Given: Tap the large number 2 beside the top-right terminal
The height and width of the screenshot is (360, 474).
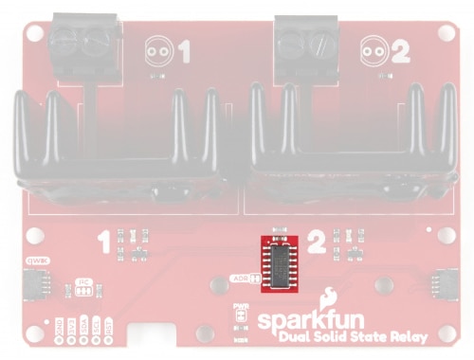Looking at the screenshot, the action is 399,52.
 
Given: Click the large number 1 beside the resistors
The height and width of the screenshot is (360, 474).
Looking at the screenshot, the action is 105,244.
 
